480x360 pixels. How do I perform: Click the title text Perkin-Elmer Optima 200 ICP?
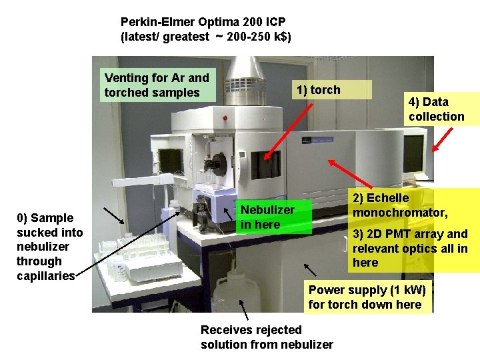tap(203, 22)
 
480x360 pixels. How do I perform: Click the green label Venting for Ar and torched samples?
tap(157, 85)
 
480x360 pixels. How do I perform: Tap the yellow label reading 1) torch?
tap(318, 90)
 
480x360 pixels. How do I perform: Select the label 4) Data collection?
tap(437, 109)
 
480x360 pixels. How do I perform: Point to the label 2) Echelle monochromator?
tap(400, 205)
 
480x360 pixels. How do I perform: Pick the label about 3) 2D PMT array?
tap(410, 248)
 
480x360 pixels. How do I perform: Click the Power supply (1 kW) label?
tap(367, 297)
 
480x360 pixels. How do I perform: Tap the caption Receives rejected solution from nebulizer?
tap(267, 337)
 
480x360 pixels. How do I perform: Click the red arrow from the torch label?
tap(288, 132)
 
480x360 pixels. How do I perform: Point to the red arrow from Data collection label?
tap(443, 140)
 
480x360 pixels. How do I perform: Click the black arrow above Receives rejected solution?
tap(244, 311)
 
